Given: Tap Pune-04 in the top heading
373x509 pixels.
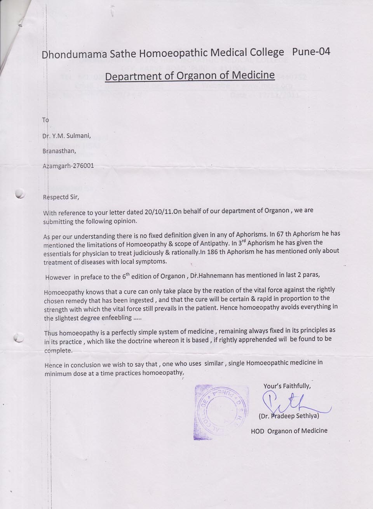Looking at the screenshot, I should click(311, 51).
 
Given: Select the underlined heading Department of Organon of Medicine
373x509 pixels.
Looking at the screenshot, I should click(190, 75).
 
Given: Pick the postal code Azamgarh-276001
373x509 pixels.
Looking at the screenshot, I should click(68, 166).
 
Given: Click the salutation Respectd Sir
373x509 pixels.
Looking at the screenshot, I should click(61, 197).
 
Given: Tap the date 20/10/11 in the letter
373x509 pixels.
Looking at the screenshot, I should click(159, 212).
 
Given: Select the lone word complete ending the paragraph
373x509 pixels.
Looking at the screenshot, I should click(58, 351).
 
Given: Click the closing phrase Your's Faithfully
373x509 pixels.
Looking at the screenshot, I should click(287, 386).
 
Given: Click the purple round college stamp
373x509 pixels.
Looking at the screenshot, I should click(221, 412).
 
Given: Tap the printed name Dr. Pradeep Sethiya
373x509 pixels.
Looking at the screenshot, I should click(289, 416).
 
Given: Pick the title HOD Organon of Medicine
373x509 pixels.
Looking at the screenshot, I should click(289, 431).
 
